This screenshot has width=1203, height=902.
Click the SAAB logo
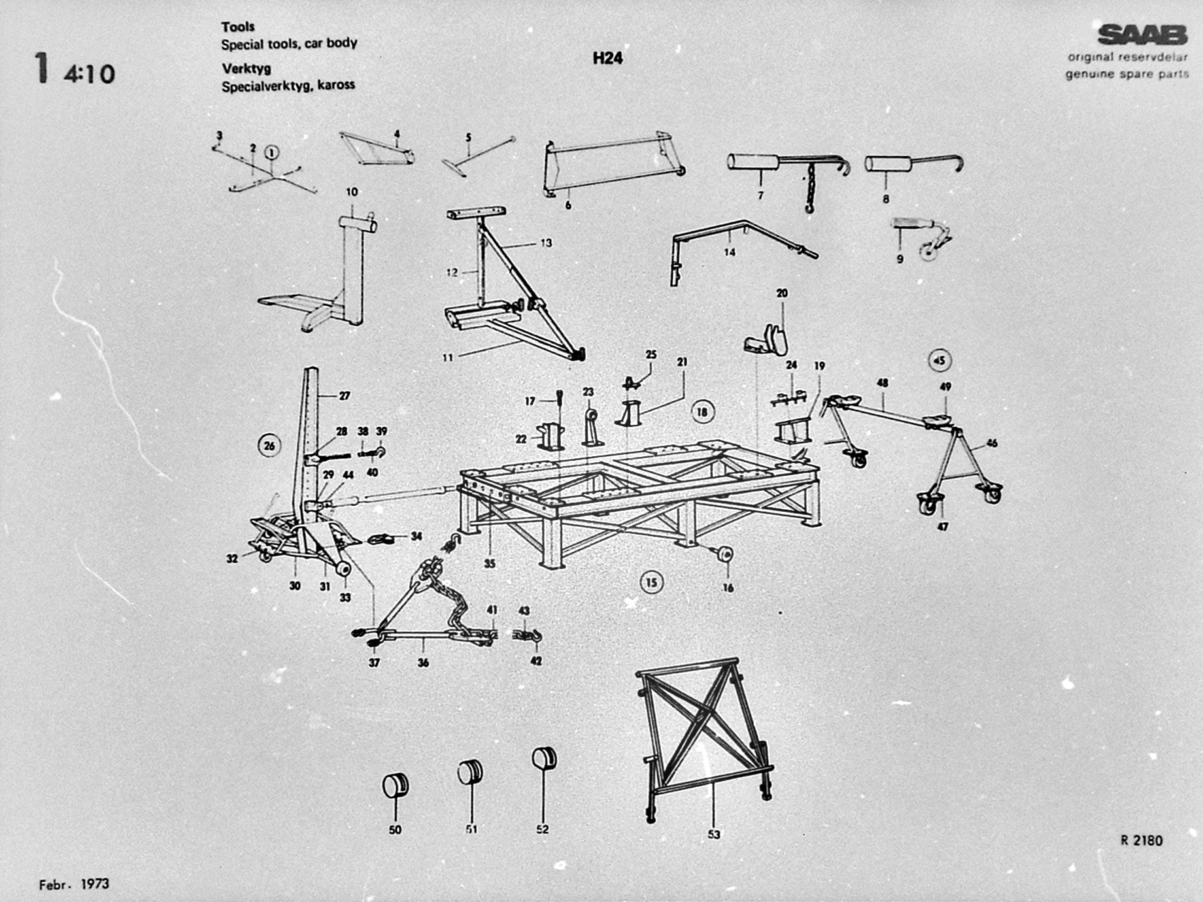point(1142,35)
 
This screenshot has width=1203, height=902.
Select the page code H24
point(607,58)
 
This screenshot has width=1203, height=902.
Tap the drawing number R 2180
point(1142,841)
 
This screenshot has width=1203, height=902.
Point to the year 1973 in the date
point(95,884)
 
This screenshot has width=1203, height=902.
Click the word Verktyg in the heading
point(246,69)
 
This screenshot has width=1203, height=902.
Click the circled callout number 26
point(269,446)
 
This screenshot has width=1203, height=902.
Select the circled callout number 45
point(940,360)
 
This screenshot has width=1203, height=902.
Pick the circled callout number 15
point(651,582)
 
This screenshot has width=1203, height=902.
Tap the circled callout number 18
point(702,412)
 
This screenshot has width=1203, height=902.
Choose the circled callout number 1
point(271,153)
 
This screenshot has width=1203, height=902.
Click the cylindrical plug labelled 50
point(395,785)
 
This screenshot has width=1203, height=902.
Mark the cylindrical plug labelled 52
point(544,759)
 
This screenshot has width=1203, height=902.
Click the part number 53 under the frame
point(713,835)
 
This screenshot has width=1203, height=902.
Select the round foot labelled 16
point(724,554)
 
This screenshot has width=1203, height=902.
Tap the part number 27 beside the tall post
point(345,395)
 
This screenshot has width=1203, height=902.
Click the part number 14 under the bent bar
point(730,252)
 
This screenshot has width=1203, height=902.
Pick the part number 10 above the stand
point(352,192)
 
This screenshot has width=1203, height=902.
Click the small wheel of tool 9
point(928,252)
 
